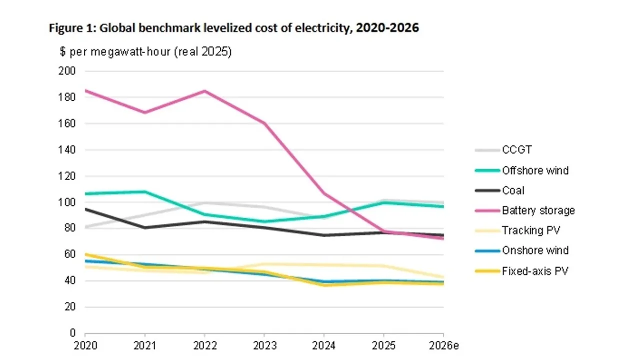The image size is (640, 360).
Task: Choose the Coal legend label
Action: [x=513, y=190]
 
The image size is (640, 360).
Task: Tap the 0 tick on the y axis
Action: [x=72, y=333]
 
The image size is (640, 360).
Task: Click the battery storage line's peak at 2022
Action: [x=204, y=91]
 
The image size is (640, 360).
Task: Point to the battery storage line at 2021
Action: [x=144, y=112]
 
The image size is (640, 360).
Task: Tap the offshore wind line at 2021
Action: [x=144, y=191]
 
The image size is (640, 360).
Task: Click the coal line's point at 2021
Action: [x=144, y=227]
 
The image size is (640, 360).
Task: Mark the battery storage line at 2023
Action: [x=264, y=123]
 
